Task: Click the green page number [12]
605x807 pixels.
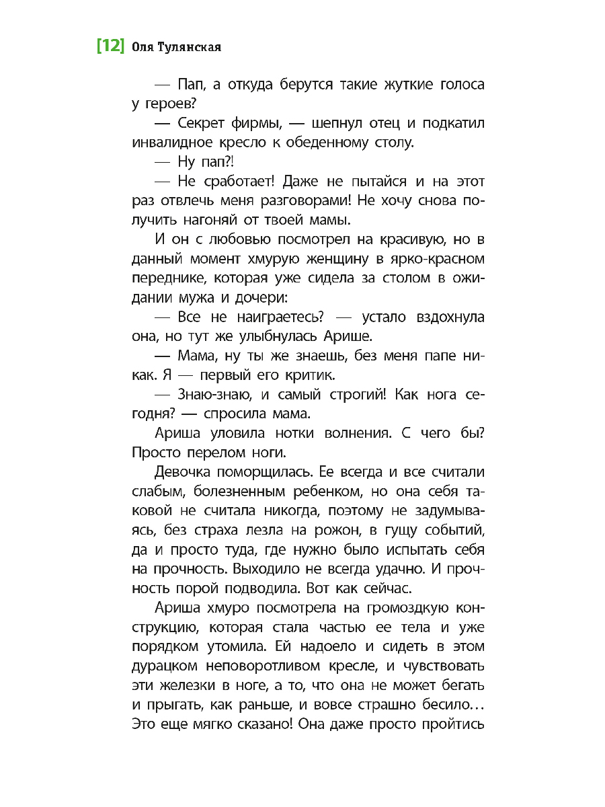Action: (x=110, y=46)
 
